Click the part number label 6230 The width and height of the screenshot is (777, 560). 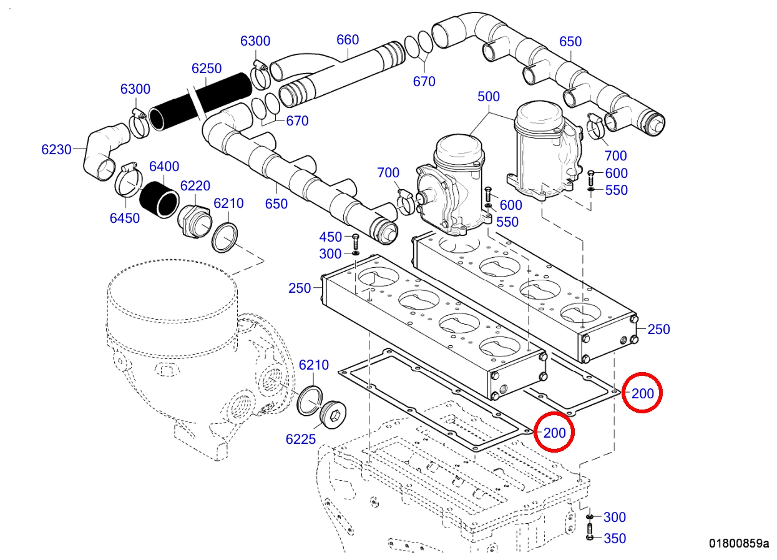pyautogui.click(x=56, y=150)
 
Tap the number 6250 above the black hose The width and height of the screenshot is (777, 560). pyautogui.click(x=207, y=68)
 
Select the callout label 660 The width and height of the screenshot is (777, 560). pyautogui.click(x=348, y=40)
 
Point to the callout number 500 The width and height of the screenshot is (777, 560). pyautogui.click(x=489, y=97)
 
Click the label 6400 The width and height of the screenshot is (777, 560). pyautogui.click(x=164, y=167)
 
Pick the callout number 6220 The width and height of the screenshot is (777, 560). pyautogui.click(x=195, y=186)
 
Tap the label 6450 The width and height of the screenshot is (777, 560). pyautogui.click(x=125, y=219)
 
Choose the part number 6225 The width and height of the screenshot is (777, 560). pyautogui.click(x=301, y=440)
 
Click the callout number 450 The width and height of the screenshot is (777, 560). pyautogui.click(x=331, y=237)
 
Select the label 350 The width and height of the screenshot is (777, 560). pyautogui.click(x=615, y=539)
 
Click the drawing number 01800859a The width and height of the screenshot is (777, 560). pyautogui.click(x=739, y=543)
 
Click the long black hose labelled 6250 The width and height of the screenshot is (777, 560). pyautogui.click(x=200, y=101)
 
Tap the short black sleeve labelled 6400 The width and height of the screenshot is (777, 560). pyautogui.click(x=159, y=200)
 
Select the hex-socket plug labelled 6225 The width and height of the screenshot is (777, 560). pyautogui.click(x=333, y=416)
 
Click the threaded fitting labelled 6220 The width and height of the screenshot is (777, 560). pyautogui.click(x=194, y=220)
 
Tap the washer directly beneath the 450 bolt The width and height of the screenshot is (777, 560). pyautogui.click(x=355, y=253)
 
